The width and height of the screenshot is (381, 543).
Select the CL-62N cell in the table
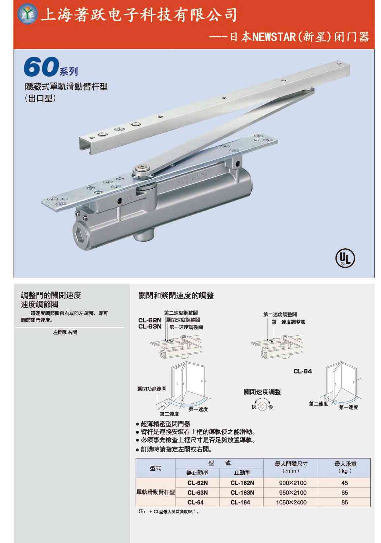(197, 483)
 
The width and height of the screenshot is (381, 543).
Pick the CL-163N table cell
(242, 492)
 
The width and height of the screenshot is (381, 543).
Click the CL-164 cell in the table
(240, 502)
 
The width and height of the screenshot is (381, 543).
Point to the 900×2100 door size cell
(293, 483)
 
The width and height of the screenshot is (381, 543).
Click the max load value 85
(345, 502)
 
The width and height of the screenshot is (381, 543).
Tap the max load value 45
(345, 483)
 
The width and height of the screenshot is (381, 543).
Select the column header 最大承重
(345, 464)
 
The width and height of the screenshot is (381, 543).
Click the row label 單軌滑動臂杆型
(156, 492)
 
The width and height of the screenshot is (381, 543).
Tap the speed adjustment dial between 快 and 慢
(262, 407)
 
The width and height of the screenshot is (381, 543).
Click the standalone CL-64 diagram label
(302, 371)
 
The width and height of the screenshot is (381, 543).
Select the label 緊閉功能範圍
(152, 389)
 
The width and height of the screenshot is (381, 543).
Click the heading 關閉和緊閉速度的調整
(176, 296)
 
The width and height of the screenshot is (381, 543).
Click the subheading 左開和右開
(65, 332)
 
